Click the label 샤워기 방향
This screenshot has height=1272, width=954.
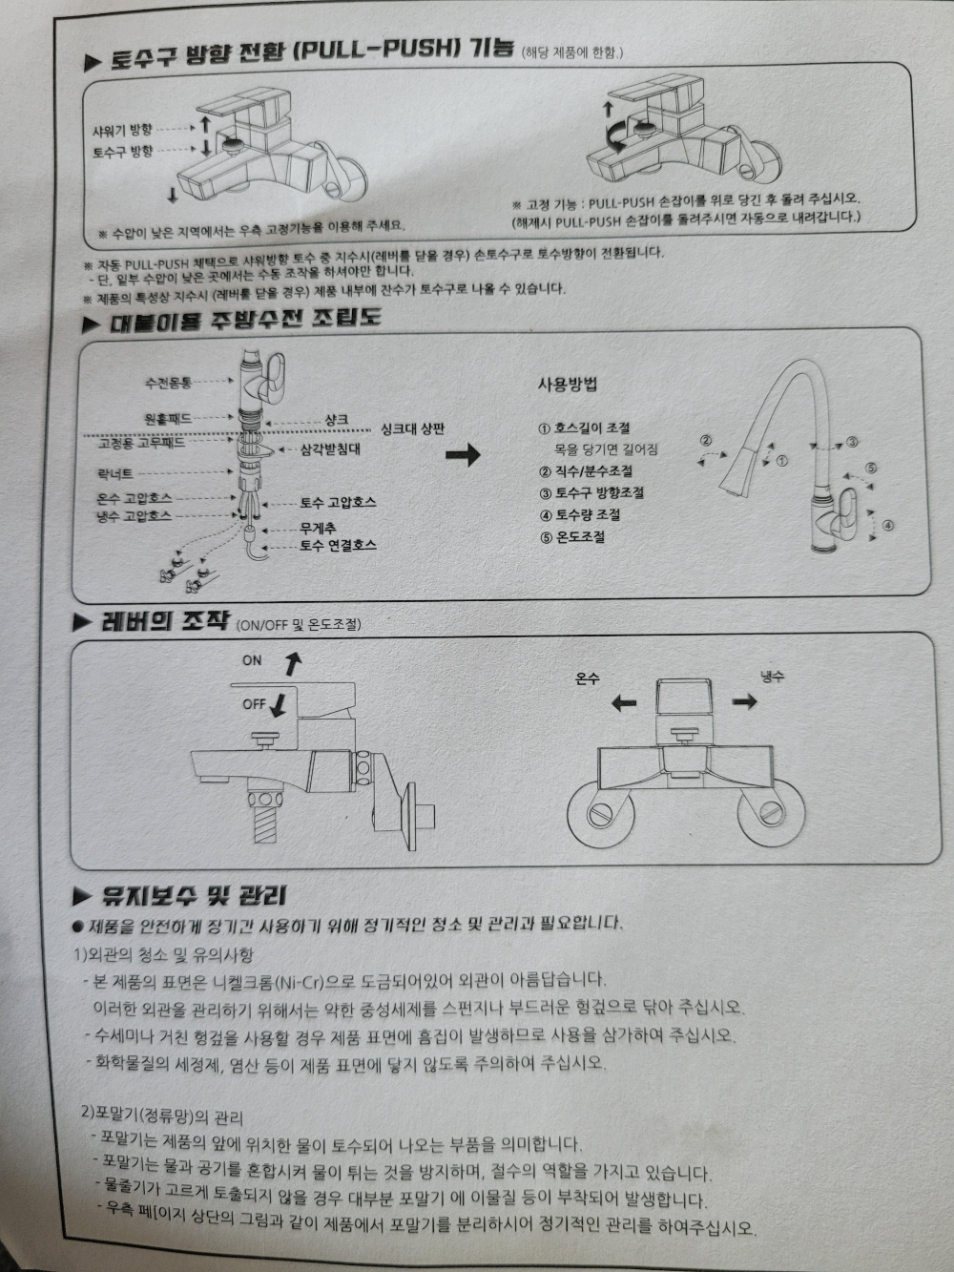tap(123, 130)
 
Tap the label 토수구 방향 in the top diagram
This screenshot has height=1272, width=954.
tap(123, 152)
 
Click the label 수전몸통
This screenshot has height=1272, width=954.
tap(168, 383)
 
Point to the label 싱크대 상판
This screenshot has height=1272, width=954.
tap(413, 429)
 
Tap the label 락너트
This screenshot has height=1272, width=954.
tap(115, 474)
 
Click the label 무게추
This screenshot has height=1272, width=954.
tap(318, 528)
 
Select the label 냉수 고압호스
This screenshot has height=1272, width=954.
tap(134, 515)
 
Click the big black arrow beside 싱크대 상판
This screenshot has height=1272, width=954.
tap(464, 454)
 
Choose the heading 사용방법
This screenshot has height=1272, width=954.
tap(568, 385)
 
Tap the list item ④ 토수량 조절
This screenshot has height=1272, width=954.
tap(580, 514)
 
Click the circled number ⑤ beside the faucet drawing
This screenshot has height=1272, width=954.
tap(871, 468)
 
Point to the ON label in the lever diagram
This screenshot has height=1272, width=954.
tap(252, 660)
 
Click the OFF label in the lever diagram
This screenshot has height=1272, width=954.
tap(254, 704)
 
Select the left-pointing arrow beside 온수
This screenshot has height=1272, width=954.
tap(624, 704)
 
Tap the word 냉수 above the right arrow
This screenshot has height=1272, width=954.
tap(772, 677)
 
